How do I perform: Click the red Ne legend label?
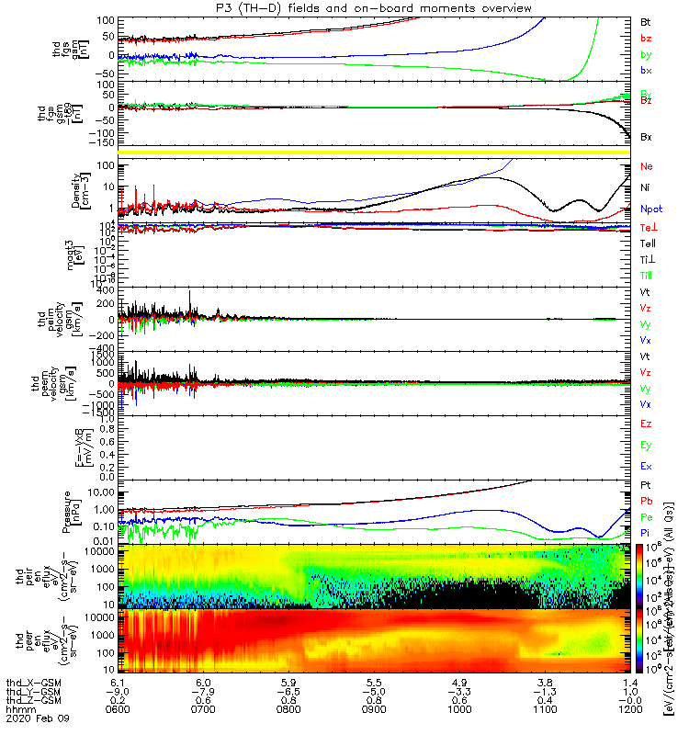(x=647, y=167)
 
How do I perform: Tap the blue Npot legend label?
(x=651, y=209)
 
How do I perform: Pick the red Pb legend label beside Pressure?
(x=647, y=501)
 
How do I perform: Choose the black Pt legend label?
(x=647, y=484)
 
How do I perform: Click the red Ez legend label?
(x=647, y=424)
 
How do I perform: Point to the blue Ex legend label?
(x=647, y=467)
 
